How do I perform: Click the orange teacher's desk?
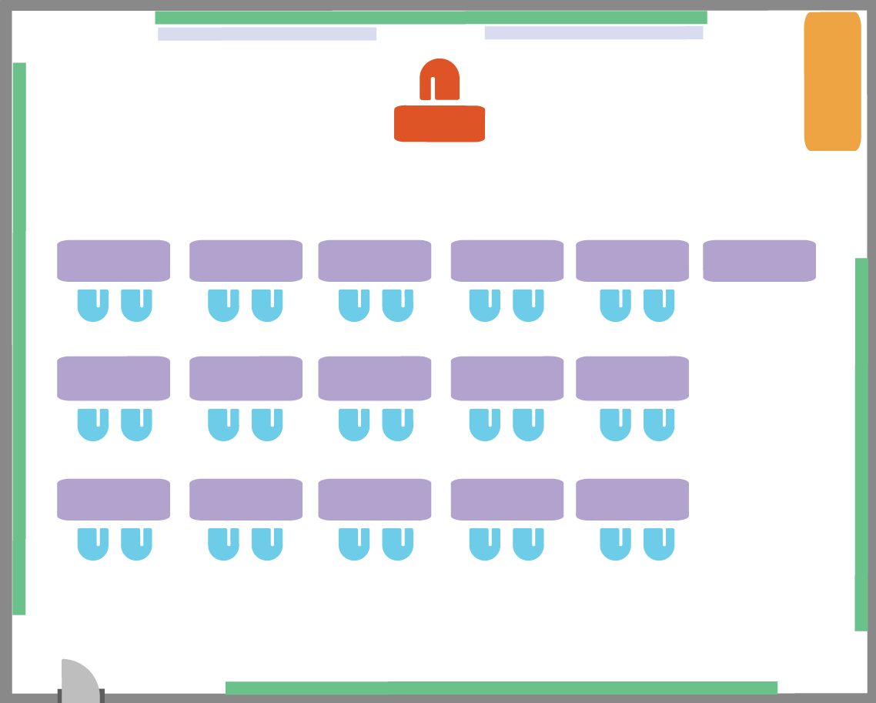440,124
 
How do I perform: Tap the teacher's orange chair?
440,79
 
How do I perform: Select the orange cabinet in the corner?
832,81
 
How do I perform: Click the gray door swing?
79,681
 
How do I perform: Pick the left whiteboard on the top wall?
266,34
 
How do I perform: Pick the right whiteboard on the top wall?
593,33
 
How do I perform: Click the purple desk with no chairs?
759,260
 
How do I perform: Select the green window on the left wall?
19,339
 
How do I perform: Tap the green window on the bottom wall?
501,688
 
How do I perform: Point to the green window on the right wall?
861,444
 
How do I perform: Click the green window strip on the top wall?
430,18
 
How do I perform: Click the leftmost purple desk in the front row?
113,260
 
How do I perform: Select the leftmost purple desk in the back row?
113,499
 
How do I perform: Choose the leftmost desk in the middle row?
113,378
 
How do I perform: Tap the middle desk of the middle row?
375,378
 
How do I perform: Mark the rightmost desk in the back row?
632,499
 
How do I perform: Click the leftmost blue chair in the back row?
92,544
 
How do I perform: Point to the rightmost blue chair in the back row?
659,544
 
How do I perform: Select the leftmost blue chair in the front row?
92,305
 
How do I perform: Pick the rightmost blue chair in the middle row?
659,424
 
